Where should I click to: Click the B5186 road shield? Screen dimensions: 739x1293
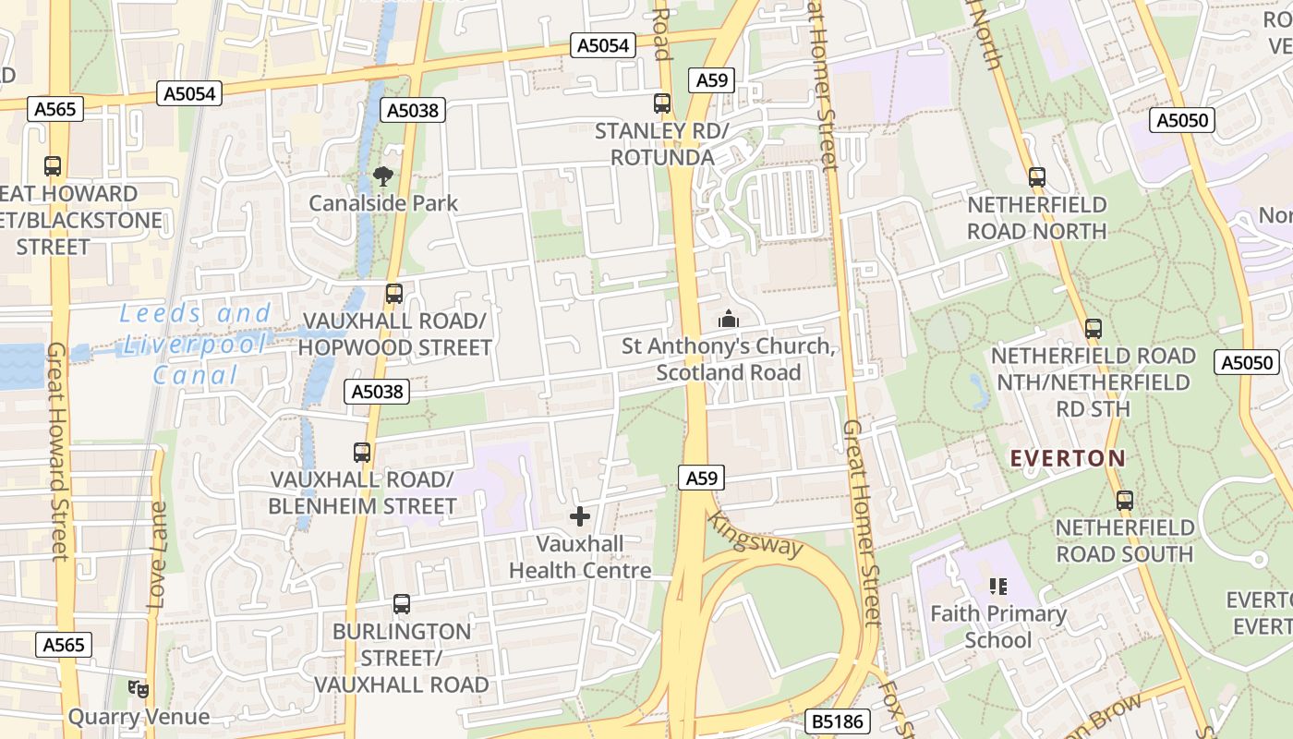pyautogui.click(x=838, y=721)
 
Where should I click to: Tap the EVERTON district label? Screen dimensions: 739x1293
pyautogui.click(x=1068, y=458)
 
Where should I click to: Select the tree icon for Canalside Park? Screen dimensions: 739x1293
pyautogui.click(x=382, y=176)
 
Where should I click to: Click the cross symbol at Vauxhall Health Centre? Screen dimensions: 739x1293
pyautogui.click(x=580, y=516)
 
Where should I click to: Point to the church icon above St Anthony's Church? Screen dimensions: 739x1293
pyautogui.click(x=729, y=319)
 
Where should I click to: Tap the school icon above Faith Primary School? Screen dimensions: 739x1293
pyautogui.click(x=997, y=586)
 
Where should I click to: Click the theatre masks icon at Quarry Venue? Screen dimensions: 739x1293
pyautogui.click(x=139, y=688)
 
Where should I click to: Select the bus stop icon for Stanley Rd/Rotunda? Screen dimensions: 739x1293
pyautogui.click(x=662, y=103)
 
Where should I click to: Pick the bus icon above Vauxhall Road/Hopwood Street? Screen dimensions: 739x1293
pyautogui.click(x=394, y=294)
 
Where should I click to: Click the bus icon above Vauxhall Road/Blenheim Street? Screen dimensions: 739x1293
pyautogui.click(x=362, y=453)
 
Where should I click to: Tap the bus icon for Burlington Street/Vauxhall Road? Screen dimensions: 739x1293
pyautogui.click(x=401, y=604)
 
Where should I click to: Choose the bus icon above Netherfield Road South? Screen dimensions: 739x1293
pyautogui.click(x=1124, y=501)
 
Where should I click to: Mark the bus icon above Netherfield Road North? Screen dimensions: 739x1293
pyautogui.click(x=1037, y=177)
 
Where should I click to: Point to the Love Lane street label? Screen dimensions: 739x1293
pyautogui.click(x=158, y=554)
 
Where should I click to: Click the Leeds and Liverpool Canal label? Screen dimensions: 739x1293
pyautogui.click(x=196, y=344)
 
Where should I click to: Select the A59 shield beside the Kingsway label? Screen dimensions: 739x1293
pyautogui.click(x=701, y=478)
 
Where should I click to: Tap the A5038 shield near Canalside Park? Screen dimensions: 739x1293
pyautogui.click(x=412, y=110)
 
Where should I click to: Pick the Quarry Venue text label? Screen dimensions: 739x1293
pyautogui.click(x=139, y=717)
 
